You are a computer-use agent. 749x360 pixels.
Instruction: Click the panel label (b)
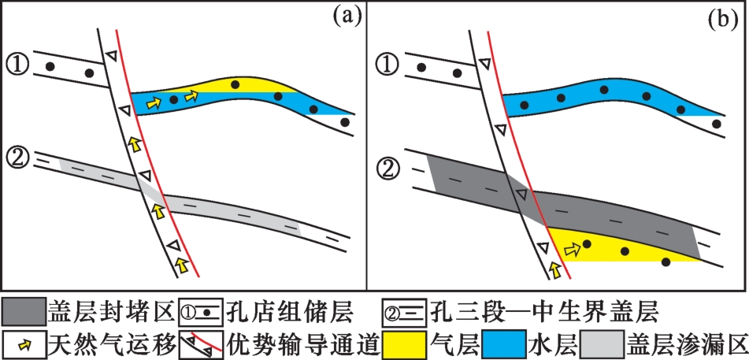point(718,17)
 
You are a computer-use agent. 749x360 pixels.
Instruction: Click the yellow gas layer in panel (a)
point(236,85)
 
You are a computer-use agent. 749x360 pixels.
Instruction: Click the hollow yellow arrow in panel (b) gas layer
point(573,250)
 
